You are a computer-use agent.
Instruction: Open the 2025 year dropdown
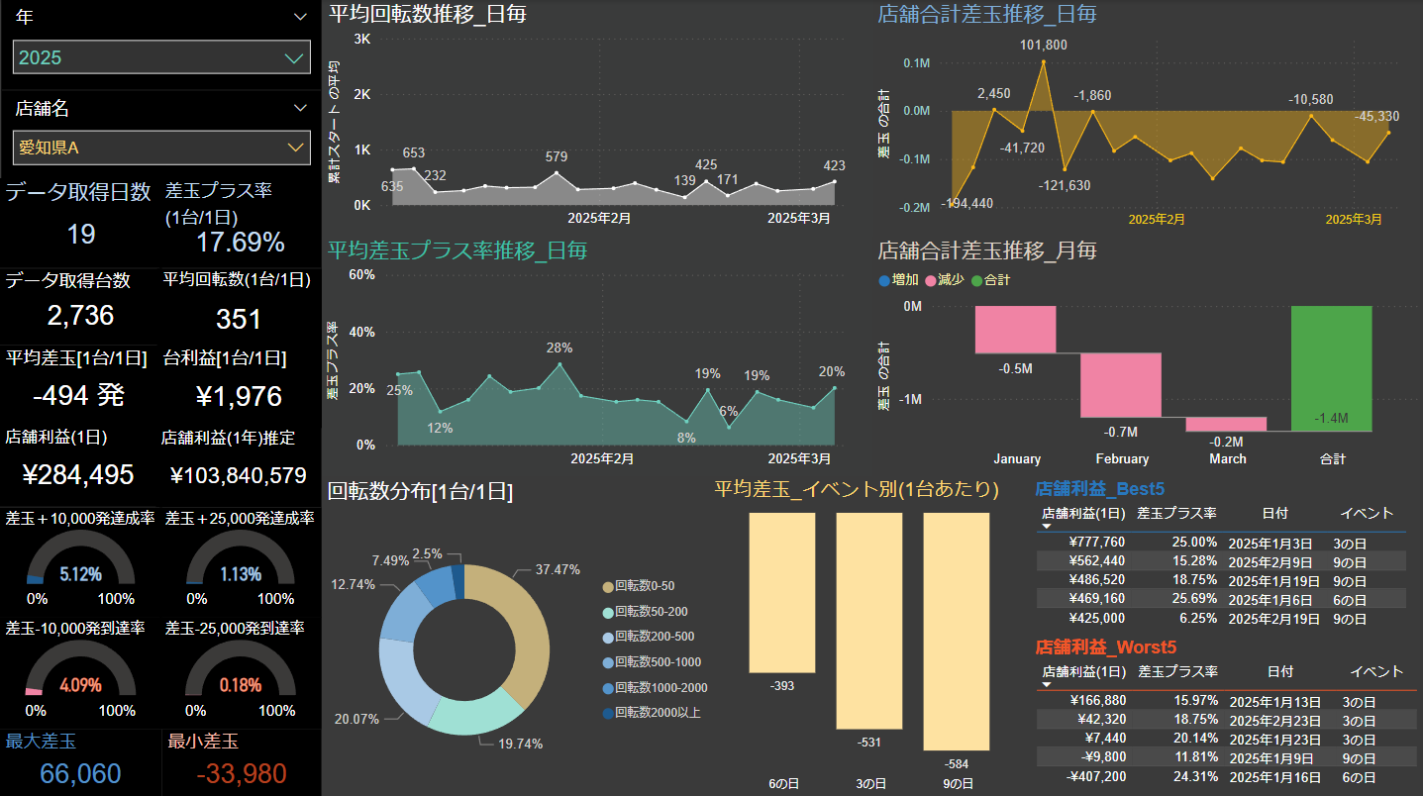click(x=161, y=57)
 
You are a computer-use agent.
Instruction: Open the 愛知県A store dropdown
click(x=161, y=148)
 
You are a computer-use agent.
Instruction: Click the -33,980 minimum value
click(x=242, y=774)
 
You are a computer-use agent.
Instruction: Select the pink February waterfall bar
click(x=1121, y=385)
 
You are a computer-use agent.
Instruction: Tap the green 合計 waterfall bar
click(x=1331, y=368)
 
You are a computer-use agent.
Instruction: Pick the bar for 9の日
click(x=956, y=631)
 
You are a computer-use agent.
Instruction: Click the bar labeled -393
click(x=781, y=592)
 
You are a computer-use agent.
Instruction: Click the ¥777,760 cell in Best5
click(x=1096, y=542)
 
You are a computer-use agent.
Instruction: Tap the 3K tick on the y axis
click(x=361, y=39)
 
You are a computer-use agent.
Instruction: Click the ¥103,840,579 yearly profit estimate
click(x=239, y=475)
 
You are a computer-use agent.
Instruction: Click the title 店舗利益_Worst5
click(x=1105, y=647)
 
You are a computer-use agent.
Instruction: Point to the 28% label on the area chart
click(x=559, y=348)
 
